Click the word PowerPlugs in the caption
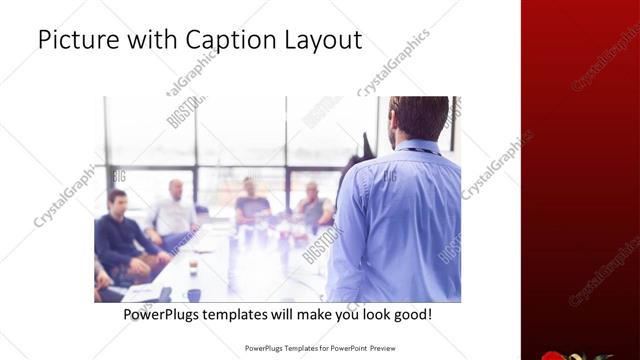pyautogui.click(x=162, y=314)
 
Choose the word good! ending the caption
pyautogui.click(x=410, y=314)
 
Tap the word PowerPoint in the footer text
pyautogui.click(x=343, y=349)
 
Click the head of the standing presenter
pyautogui.click(x=418, y=118)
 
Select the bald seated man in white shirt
pyautogui.click(x=174, y=210)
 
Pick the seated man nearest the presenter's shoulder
pyautogui.click(x=313, y=205)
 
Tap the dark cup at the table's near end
pyautogui.click(x=193, y=293)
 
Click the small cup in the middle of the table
pyautogui.click(x=193, y=264)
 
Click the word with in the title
pyautogui.click(x=142, y=41)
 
